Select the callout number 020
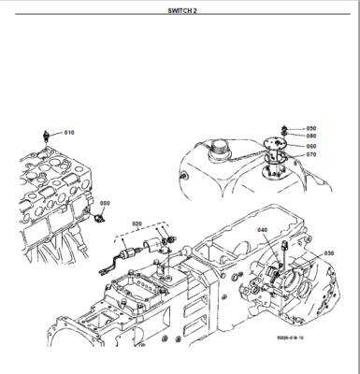coord(137,223)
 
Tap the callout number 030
coord(329,252)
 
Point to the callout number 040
coord(263,230)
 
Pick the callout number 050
coord(106,203)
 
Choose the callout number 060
coord(310,146)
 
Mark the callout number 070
coord(310,154)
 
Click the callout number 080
coord(310,136)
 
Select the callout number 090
coord(310,127)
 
